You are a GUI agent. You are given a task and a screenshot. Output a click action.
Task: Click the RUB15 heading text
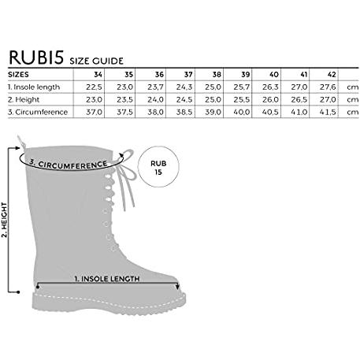(36, 57)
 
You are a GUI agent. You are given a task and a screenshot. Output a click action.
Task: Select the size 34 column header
(98, 75)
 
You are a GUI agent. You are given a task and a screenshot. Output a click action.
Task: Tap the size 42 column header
(332, 75)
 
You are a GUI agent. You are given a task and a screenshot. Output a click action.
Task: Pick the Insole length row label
(34, 87)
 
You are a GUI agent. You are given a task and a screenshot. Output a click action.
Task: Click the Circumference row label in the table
(38, 112)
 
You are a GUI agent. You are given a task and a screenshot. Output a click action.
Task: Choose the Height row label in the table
(24, 100)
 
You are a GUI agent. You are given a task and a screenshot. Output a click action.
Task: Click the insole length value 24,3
(184, 87)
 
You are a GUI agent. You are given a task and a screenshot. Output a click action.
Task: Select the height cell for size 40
(270, 100)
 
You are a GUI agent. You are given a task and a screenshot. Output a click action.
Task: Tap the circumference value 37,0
(94, 112)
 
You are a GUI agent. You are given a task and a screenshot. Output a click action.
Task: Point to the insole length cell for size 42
(328, 87)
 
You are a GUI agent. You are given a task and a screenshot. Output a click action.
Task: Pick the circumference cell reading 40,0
(242, 112)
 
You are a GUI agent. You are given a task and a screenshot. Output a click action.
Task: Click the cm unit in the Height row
(353, 100)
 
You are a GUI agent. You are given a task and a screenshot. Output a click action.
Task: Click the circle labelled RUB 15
(158, 166)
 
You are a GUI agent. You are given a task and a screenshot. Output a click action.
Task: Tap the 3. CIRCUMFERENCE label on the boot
(69, 165)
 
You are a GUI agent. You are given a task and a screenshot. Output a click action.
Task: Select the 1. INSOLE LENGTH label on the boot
(107, 279)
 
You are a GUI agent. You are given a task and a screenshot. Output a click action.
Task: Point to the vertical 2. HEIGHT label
(5, 220)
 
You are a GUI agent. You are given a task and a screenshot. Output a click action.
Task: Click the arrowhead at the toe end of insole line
(178, 287)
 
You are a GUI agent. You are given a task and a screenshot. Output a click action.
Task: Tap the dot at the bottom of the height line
(18, 292)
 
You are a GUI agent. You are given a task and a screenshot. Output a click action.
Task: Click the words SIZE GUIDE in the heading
(96, 61)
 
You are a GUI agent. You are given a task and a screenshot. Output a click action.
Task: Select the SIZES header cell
(18, 75)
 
